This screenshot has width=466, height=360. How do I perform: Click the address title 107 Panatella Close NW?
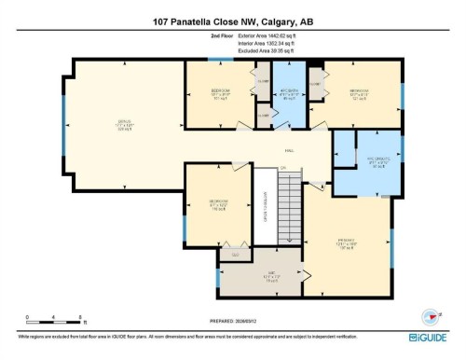232,20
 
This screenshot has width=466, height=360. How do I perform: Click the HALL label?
290,150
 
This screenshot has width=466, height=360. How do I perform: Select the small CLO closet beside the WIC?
235,255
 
